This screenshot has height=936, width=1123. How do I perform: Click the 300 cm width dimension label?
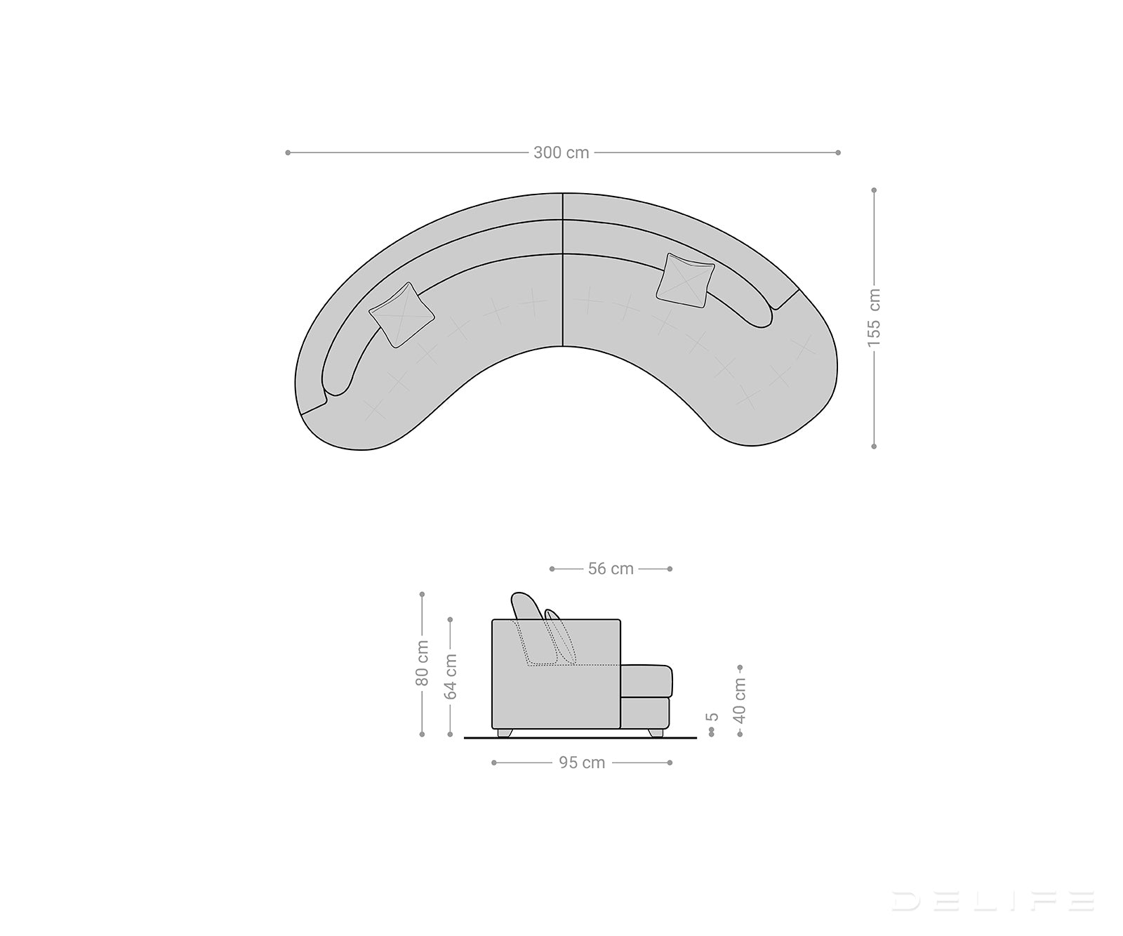click(561, 152)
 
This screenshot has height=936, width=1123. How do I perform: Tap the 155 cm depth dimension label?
click(874, 317)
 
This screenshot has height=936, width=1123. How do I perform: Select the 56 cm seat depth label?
click(611, 569)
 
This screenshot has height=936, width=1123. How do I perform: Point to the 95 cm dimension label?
click(582, 763)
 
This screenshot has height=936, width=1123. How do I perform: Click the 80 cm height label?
click(422, 662)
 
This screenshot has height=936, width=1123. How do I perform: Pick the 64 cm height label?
click(451, 676)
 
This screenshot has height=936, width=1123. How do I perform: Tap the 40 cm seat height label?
click(740, 700)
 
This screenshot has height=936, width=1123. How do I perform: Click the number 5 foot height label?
click(712, 717)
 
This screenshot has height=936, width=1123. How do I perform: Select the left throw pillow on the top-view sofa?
click(401, 315)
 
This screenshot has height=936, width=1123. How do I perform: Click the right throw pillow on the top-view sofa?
click(685, 281)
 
